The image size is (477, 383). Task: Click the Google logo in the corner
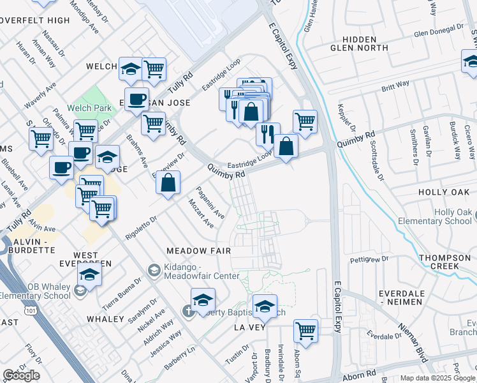tap(21, 375)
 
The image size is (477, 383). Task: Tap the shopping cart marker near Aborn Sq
tap(306, 331)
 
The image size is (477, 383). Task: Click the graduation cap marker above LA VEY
tap(265, 306)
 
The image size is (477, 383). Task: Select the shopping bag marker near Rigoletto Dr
tap(167, 183)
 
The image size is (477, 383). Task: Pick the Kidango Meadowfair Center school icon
tap(153, 271)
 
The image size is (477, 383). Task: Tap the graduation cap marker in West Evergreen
tap(90, 274)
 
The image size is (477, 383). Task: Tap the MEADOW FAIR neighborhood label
tap(198, 251)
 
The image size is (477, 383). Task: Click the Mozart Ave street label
tap(200, 213)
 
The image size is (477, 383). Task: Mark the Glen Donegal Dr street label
tap(438, 32)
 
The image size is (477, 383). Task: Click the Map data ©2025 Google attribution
tap(437, 378)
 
